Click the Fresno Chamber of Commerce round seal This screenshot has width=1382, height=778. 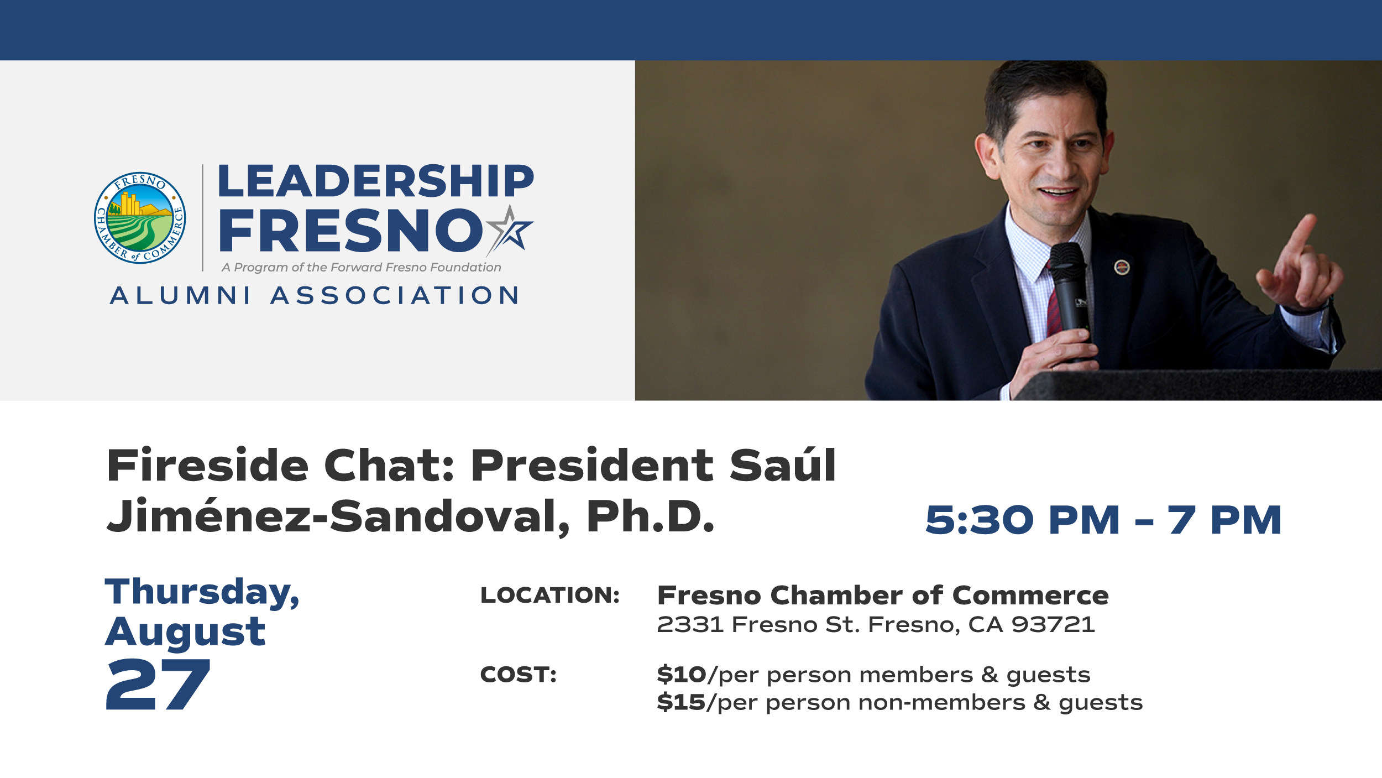click(140, 218)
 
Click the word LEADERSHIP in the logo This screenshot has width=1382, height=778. click(376, 181)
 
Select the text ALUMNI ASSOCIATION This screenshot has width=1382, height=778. click(315, 295)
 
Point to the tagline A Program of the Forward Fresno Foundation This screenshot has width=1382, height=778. click(362, 268)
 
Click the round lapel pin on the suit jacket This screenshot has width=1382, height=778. click(1122, 268)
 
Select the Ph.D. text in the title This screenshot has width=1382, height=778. click(651, 516)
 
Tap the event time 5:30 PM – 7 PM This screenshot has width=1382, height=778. click(1103, 520)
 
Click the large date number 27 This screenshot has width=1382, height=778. click(158, 685)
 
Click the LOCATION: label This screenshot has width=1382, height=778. click(550, 595)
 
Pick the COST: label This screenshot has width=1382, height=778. click(519, 675)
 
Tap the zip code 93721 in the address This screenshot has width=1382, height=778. click(1053, 625)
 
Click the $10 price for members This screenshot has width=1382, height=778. click(682, 675)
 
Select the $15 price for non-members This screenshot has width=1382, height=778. click(681, 702)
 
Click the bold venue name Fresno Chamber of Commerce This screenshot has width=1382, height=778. click(883, 596)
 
